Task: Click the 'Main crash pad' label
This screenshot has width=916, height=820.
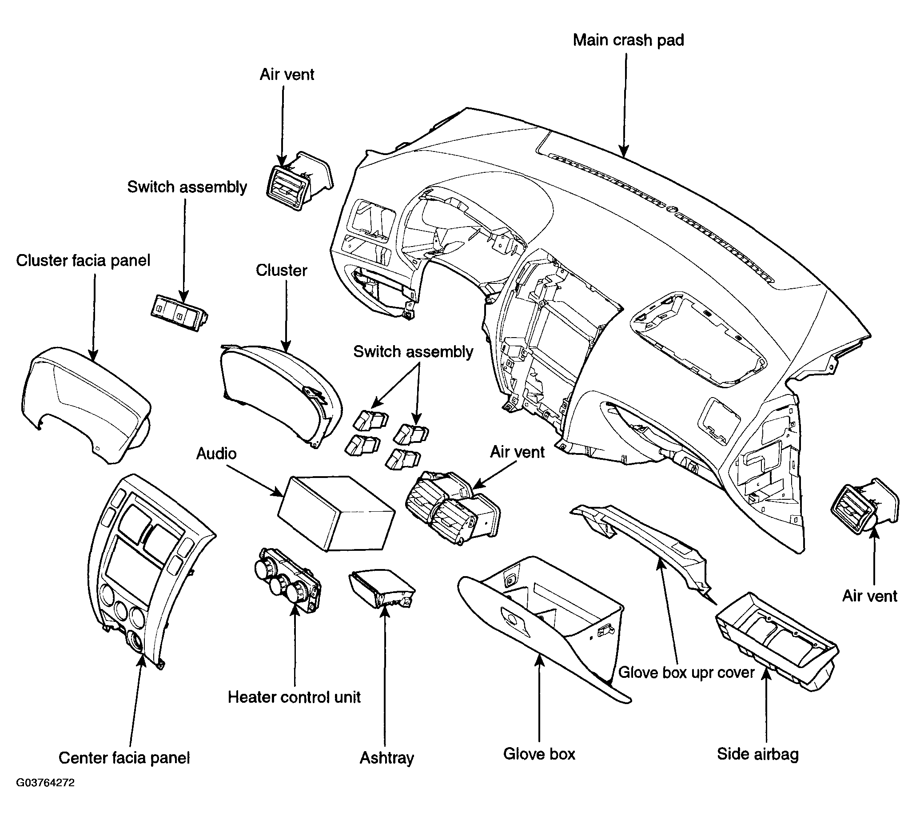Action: [628, 40]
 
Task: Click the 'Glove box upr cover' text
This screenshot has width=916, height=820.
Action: [686, 672]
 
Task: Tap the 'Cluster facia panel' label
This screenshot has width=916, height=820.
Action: [84, 260]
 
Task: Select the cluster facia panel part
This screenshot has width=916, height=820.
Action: [86, 406]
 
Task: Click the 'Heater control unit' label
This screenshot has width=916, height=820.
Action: [294, 697]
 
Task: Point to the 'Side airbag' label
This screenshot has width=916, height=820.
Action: [758, 754]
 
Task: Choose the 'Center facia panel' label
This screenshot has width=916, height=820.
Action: [124, 758]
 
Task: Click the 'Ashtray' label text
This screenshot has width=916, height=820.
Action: [386, 758]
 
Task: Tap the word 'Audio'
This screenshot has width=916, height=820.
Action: [216, 453]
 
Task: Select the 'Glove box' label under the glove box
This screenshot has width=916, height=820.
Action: [539, 754]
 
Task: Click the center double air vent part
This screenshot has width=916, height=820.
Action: [453, 508]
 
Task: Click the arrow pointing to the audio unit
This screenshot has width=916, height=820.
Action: [255, 481]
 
